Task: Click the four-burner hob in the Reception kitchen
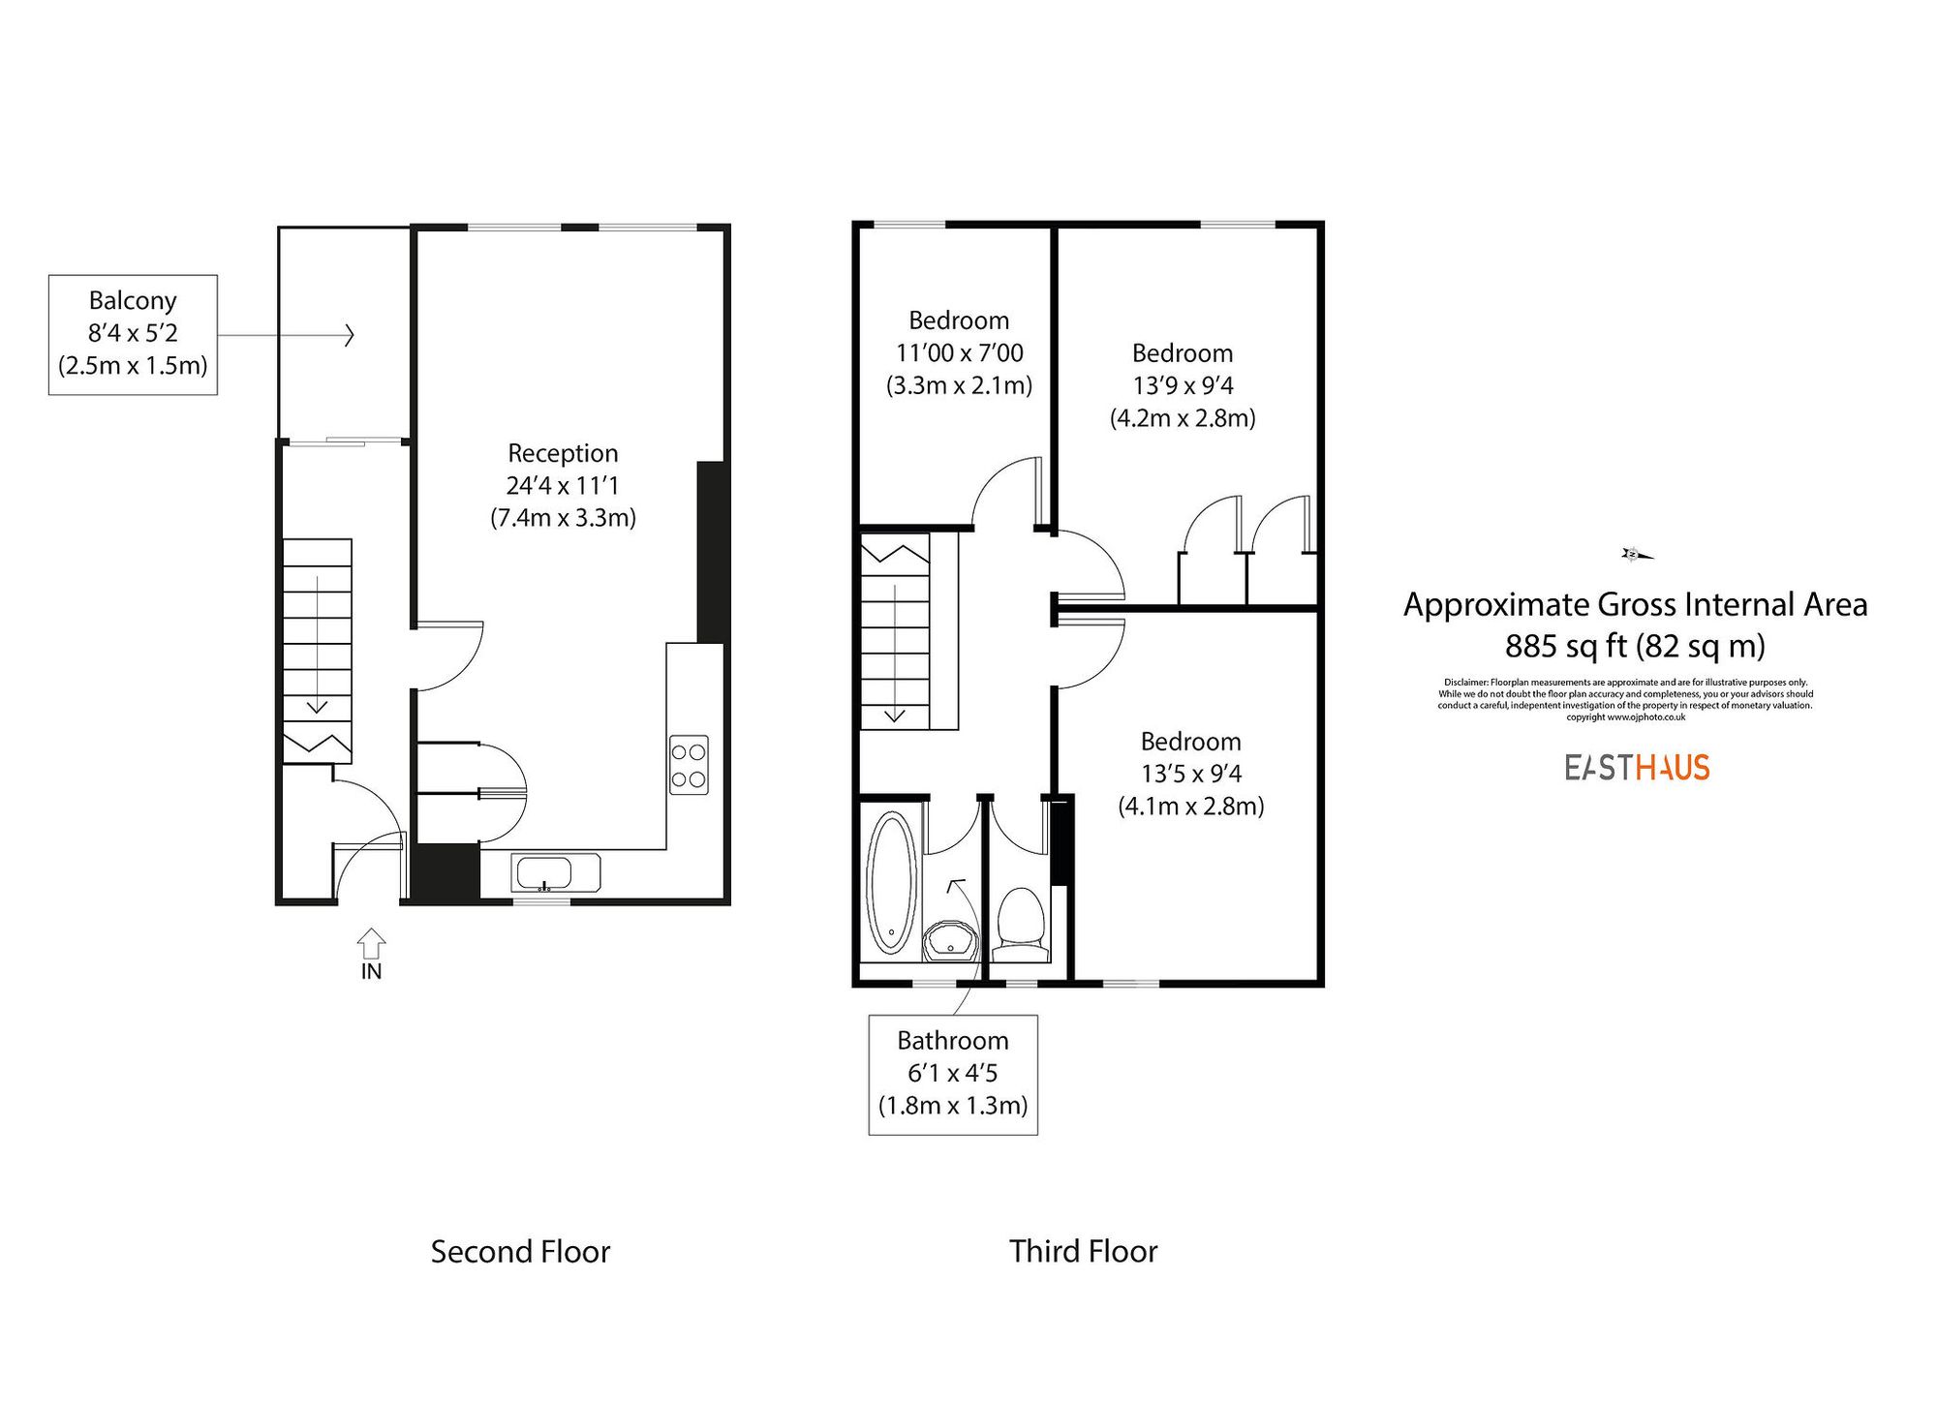pyautogui.click(x=689, y=765)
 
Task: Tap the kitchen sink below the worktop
pyautogui.click(x=555, y=873)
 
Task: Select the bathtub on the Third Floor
pyautogui.click(x=891, y=882)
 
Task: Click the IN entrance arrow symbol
pyautogui.click(x=371, y=944)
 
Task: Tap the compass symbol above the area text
pyautogui.click(x=1636, y=555)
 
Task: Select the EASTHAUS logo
pyautogui.click(x=1637, y=768)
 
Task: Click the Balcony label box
pyautogui.click(x=133, y=334)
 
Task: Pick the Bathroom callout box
pyautogui.click(x=953, y=1074)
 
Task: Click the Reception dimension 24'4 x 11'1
pyautogui.click(x=563, y=486)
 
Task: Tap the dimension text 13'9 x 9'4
pyautogui.click(x=1183, y=386)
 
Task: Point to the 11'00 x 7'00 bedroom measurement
pyautogui.click(x=959, y=353)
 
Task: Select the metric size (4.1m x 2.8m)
pyautogui.click(x=1191, y=807)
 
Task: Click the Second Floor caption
pyautogui.click(x=520, y=1252)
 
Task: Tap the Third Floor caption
pyautogui.click(x=1083, y=1251)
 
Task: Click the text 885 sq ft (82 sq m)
pyautogui.click(x=1635, y=646)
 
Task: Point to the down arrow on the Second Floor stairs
pyautogui.click(x=317, y=705)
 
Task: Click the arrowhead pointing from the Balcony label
pyautogui.click(x=350, y=336)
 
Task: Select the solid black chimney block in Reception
pyautogui.click(x=712, y=552)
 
